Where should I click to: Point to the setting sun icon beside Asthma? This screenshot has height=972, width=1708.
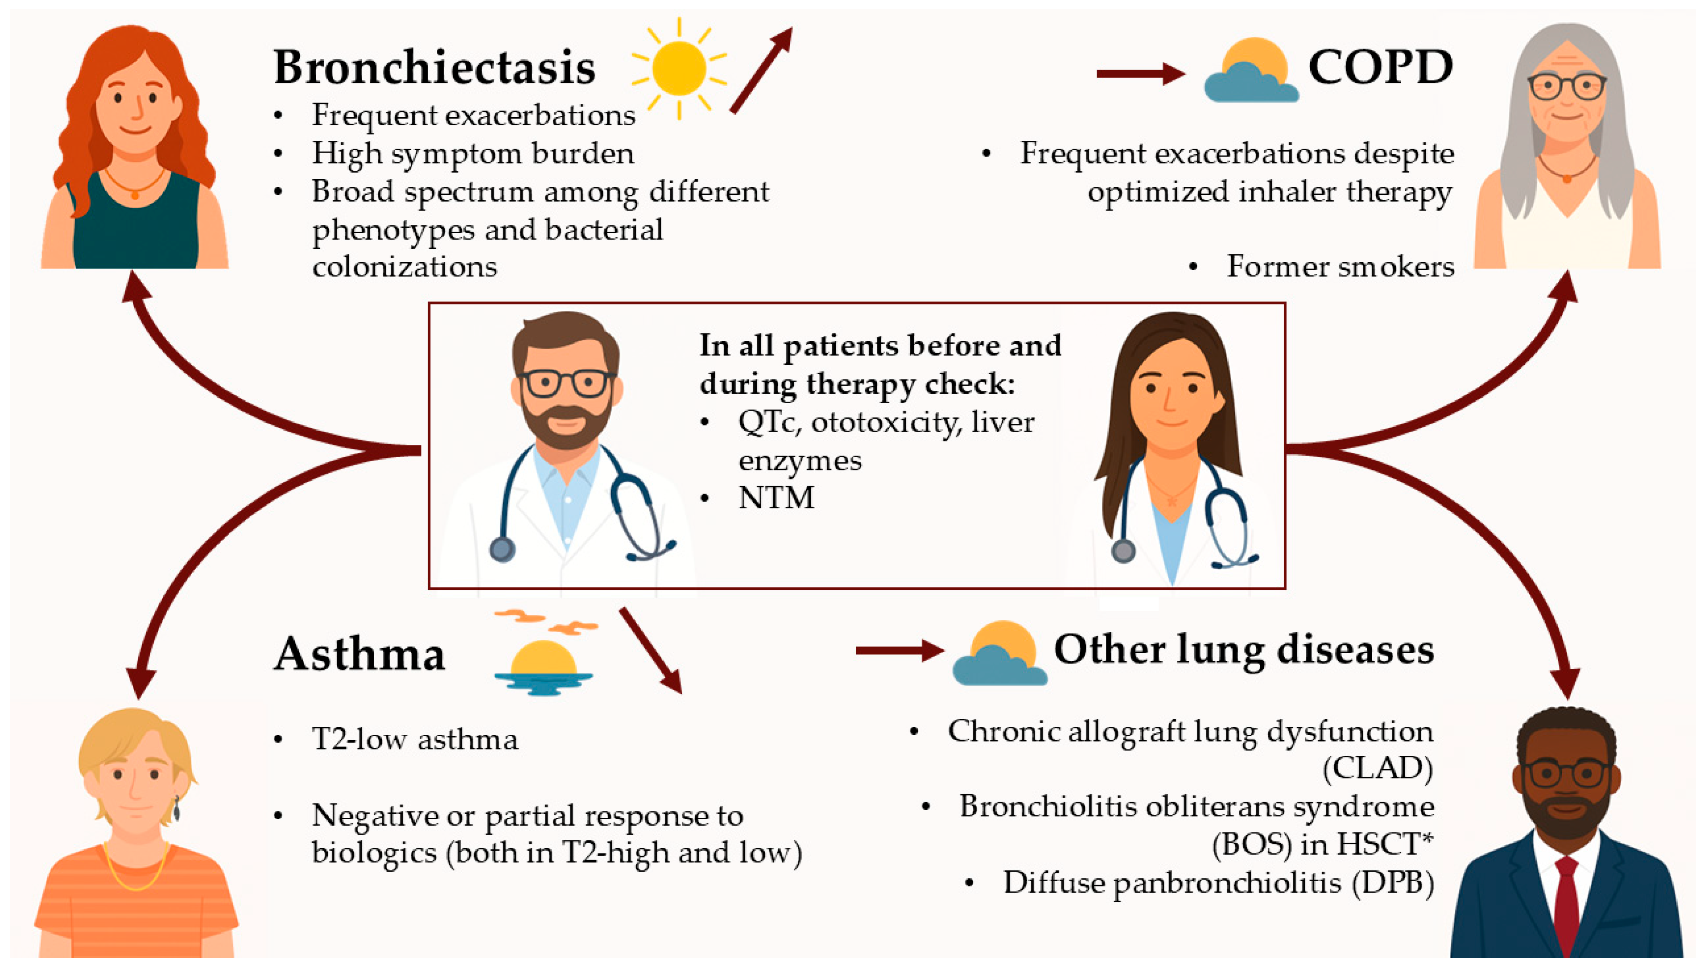coord(543,664)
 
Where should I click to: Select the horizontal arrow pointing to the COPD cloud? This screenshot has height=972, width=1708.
coord(1139,74)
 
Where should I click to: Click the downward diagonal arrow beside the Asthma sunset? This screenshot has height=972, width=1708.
coord(651,650)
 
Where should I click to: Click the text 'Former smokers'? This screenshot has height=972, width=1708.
coord(1340,266)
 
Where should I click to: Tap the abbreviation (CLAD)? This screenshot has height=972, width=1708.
coord(1378,768)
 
